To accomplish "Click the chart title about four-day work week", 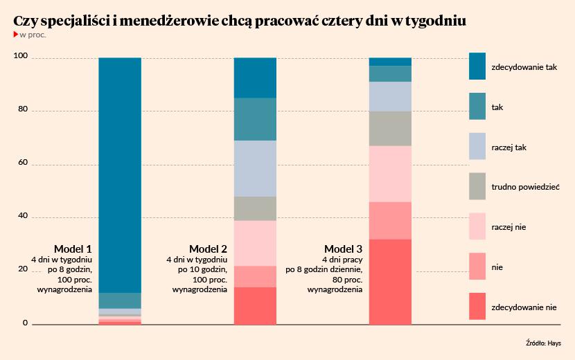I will tap(240, 21).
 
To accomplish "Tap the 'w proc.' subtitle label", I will tap(33, 35).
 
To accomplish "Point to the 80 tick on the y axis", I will tap(21, 111).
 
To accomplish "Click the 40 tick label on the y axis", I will tap(21, 217).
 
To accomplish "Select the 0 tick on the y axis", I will tap(25, 323).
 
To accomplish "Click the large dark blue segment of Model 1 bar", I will tap(120, 173).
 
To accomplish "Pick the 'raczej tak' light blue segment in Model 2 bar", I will tap(255, 168).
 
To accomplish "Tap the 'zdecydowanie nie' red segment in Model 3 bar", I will tap(390, 281).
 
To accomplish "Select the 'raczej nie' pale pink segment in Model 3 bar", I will tap(390, 174).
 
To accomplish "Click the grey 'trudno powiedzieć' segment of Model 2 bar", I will tap(255, 208).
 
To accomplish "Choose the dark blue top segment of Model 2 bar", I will tap(255, 78).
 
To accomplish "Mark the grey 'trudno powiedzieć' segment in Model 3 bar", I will tap(390, 128).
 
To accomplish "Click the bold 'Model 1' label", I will tap(73, 249).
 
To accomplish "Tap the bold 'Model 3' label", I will tap(343, 249).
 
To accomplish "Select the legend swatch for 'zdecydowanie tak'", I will tap(477, 67).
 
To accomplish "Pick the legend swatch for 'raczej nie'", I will tap(477, 226).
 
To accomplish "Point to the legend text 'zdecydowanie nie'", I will tap(523, 307).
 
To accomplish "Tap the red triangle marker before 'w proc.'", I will tap(16, 35).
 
